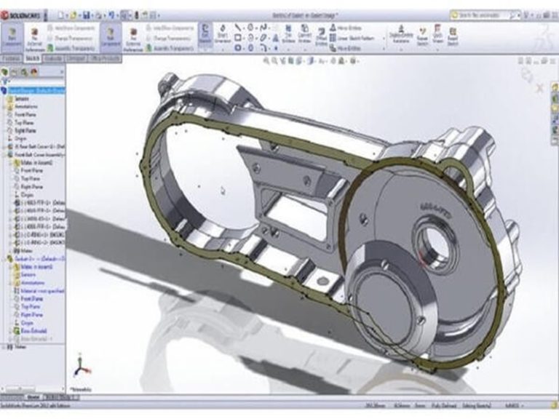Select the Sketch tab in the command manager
pos(32,58)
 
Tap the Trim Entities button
pos(289,36)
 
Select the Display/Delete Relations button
pos(400,36)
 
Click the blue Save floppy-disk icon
pos(86,15)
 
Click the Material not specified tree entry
pos(36,290)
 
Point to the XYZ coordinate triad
pos(81,367)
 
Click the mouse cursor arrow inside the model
pos(223,191)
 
